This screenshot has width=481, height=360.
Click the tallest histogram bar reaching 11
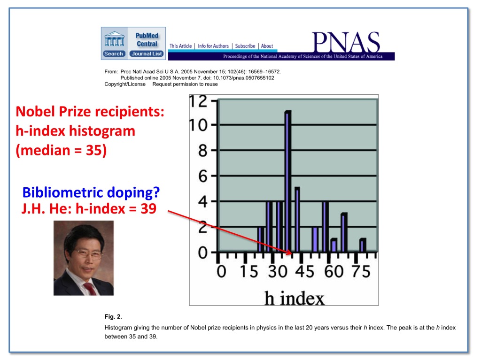point(288,182)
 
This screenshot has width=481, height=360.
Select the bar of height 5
point(297,220)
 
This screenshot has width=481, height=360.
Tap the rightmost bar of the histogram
point(363,245)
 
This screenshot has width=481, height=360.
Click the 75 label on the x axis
point(361,272)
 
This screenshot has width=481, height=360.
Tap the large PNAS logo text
point(346,42)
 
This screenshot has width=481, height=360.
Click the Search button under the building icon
point(114,54)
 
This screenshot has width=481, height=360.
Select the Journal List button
point(147,54)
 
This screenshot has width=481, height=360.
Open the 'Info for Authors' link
point(213,46)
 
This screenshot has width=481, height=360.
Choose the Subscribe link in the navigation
point(245,46)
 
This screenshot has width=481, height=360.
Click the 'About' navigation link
point(267,46)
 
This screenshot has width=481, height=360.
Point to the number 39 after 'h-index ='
point(148,208)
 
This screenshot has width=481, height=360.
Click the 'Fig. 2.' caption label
point(113,316)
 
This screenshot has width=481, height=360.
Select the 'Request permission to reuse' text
point(185,84)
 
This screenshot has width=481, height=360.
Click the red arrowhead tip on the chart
point(291,253)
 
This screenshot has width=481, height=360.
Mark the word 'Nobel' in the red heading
point(35,111)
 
